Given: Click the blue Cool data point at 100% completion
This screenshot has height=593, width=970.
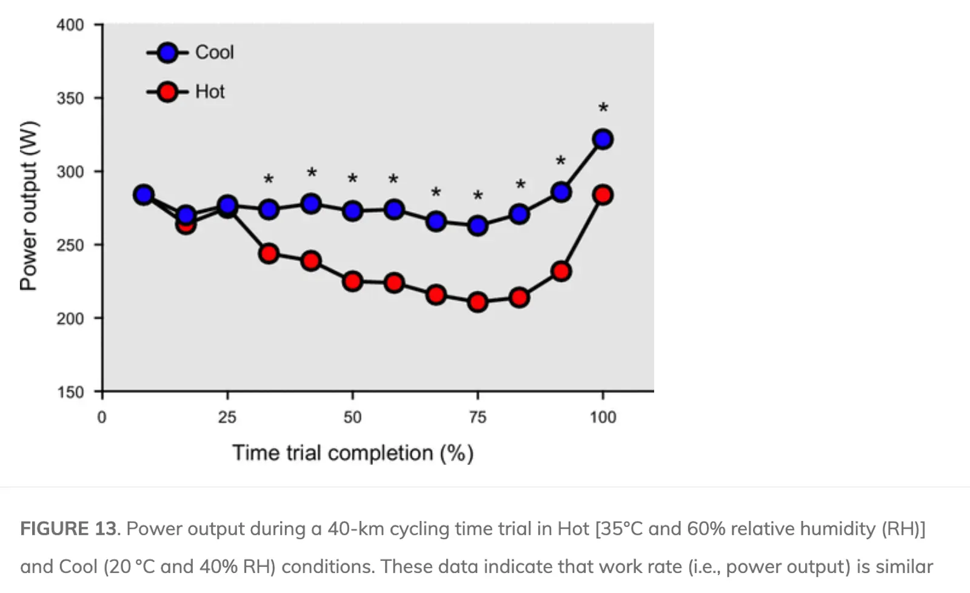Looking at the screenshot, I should [x=603, y=139].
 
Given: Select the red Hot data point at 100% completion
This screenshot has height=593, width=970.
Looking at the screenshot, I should [x=603, y=195].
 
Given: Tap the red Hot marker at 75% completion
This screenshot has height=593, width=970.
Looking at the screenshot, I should [x=478, y=302].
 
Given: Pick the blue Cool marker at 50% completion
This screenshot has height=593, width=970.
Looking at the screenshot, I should [x=352, y=211].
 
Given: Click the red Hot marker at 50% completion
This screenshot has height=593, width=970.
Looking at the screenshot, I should [x=352, y=281].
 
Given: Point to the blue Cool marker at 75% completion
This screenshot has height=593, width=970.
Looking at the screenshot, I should [x=478, y=226].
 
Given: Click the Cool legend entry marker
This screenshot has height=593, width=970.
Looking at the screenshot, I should [x=167, y=53].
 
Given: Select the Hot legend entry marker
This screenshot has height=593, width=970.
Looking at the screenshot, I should [x=167, y=92].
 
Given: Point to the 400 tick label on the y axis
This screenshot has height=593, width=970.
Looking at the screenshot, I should [x=70, y=25].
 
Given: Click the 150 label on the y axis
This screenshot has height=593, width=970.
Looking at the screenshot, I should [x=70, y=392].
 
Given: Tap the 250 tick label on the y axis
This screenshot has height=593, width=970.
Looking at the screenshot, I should [x=70, y=245].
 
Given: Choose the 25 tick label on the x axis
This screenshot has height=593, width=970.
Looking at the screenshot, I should [x=227, y=417].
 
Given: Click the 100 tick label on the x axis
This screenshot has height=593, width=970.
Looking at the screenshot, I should [x=603, y=417].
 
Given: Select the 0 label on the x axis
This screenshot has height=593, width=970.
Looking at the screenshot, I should [x=102, y=417].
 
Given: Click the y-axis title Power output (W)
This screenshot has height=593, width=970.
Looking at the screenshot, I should [x=28, y=206].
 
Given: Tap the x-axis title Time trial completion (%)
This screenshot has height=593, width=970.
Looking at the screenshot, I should [x=352, y=453].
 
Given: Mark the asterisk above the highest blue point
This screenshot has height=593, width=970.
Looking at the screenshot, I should [x=603, y=109].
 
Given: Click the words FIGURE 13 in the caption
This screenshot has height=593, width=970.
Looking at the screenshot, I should [x=68, y=529].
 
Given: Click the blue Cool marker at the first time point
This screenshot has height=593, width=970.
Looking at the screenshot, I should [x=144, y=195].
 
